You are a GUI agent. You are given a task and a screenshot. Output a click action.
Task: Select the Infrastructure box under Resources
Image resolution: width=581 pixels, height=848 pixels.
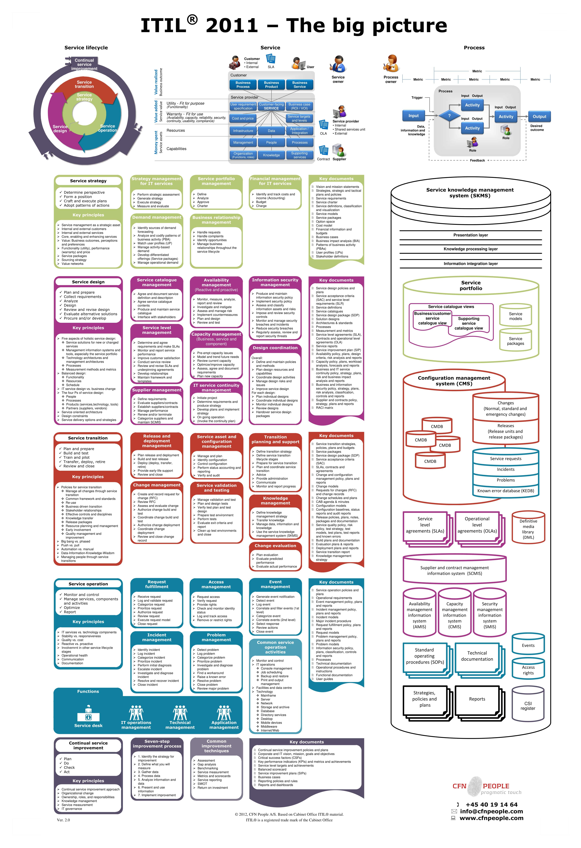pyautogui.click(x=243, y=131)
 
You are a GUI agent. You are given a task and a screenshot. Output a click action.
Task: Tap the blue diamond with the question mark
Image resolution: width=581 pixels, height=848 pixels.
pyautogui.click(x=449, y=116)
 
